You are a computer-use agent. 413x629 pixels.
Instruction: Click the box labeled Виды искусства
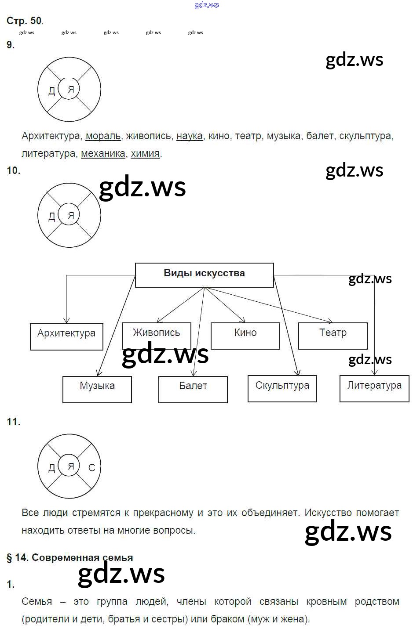coord(204,275)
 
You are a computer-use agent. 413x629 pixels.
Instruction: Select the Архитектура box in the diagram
coord(66,336)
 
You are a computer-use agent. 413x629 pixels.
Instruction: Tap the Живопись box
coord(157,335)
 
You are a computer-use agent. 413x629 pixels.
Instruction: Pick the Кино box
coord(245,336)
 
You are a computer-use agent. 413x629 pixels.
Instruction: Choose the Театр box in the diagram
coord(333,336)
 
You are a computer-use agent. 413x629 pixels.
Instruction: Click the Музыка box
coord(97,389)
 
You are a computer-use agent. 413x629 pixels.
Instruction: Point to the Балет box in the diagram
coord(193,389)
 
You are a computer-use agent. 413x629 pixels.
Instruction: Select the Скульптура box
coord(282,388)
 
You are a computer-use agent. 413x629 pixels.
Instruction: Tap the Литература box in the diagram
coord(374,388)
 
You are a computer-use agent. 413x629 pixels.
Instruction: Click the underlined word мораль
coord(103,136)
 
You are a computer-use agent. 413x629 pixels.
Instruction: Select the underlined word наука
coord(190,136)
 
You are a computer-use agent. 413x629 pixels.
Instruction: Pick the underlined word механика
coord(103,154)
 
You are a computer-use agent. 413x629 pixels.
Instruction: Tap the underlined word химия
coord(145,154)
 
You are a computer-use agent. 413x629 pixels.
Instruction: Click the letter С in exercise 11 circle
coord(91,468)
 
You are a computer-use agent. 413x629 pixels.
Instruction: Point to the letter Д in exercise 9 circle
coord(51,91)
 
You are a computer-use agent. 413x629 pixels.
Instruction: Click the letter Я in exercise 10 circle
coord(70,215)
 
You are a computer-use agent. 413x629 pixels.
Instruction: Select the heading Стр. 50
coord(24,21)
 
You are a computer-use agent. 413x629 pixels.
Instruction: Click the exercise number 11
coord(13,422)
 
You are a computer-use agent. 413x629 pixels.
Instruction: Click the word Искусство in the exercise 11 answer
coord(328,513)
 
